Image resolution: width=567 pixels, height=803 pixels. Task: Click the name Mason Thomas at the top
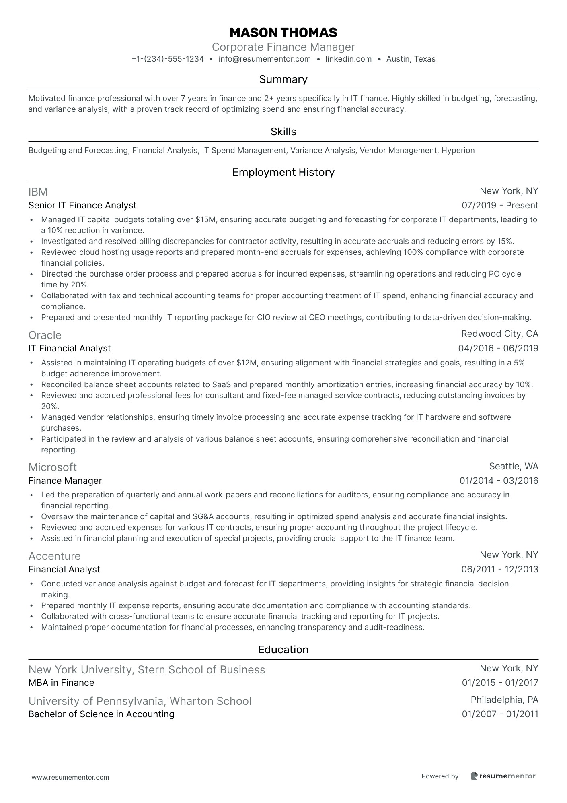pos(283,32)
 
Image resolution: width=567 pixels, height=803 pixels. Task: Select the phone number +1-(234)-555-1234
pos(168,59)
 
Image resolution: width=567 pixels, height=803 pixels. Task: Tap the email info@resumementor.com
pos(265,59)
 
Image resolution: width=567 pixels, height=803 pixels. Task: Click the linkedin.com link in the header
pos(348,59)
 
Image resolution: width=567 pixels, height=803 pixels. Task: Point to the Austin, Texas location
pos(411,59)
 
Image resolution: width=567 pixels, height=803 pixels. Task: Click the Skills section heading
pos(283,132)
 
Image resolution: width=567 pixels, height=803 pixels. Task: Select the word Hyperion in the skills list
pos(458,151)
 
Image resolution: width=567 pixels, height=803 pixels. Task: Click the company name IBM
pos(38,192)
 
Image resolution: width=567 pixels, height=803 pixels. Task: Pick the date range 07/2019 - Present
pos(500,206)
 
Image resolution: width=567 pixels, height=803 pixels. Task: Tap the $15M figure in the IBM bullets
pos(206,220)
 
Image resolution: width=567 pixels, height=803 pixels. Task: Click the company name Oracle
pos(45,335)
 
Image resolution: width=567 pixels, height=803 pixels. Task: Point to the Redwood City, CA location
pos(499,334)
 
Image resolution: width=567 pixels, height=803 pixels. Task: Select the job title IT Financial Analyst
pos(70,349)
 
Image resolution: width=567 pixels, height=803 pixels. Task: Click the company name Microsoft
pos(53,467)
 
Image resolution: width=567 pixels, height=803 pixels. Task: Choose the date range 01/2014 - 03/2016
pos(499,481)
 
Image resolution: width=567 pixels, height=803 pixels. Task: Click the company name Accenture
pos(55,556)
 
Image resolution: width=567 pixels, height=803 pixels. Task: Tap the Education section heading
pos(283,650)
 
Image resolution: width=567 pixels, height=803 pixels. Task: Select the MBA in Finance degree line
pos(62,683)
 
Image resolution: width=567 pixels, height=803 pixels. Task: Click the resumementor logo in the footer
pos(503,776)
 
